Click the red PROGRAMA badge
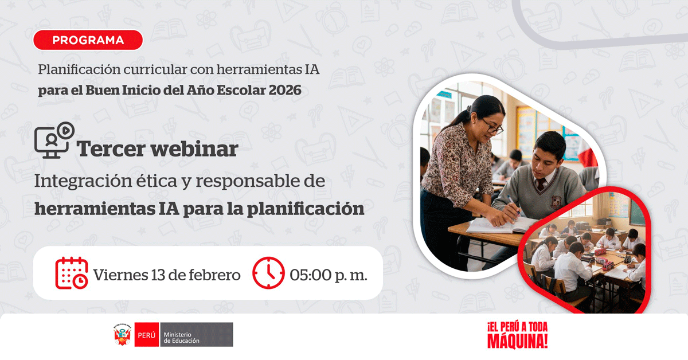click(88, 40)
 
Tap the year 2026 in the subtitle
click(285, 91)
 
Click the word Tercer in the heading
click(111, 149)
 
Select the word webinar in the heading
click(194, 149)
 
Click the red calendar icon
click(72, 273)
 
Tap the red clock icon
click(268, 273)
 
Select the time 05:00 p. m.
click(329, 275)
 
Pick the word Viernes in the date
click(121, 275)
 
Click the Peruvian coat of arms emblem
click(122, 335)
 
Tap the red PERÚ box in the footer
click(147, 335)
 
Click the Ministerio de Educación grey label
click(196, 335)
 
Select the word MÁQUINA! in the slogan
click(518, 341)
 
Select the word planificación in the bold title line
click(306, 209)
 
